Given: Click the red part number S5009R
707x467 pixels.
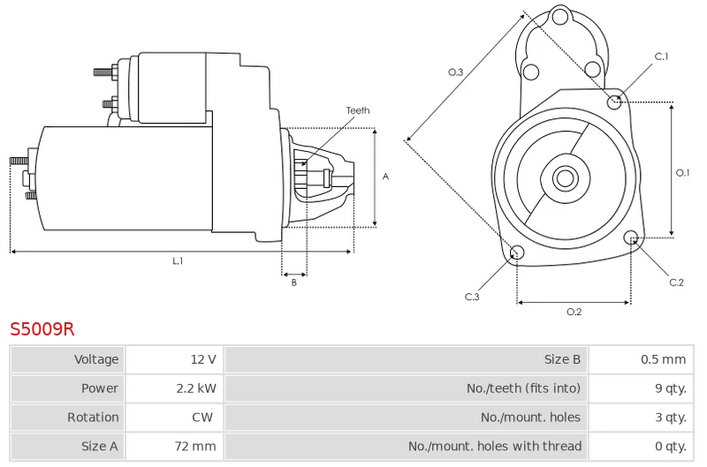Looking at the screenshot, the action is coord(42,329).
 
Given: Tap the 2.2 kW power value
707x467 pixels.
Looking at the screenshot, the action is coord(196,388).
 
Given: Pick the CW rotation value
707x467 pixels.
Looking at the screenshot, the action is coord(202,417).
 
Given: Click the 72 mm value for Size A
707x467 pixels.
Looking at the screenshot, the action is coord(195,446).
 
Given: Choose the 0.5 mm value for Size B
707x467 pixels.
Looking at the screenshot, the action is coord(664,359).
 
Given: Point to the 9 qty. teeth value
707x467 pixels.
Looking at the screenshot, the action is coord(671,388).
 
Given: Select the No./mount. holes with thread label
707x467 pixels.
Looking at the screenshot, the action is coord(495,446).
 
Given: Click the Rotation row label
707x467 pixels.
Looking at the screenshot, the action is coord(93,417).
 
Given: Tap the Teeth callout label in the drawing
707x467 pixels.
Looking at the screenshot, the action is coord(358,110).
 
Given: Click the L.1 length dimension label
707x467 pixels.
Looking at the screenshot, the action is coord(179,260).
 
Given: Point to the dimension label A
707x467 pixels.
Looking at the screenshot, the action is coord(385,177).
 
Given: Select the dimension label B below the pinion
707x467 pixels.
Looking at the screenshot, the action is coord(294,282).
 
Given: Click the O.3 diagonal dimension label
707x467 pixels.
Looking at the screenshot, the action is coord(455,72).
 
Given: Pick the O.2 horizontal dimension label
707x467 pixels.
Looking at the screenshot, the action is coord(574,312).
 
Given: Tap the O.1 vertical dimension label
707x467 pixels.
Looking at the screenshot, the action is coord(682,172).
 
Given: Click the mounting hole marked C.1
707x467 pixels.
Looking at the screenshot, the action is coord(613,102).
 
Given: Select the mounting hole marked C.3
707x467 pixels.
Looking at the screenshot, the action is coord(517,252).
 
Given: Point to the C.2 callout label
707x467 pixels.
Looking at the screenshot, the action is coord(676,282).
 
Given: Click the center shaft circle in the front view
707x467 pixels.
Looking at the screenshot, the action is coord(565,177).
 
